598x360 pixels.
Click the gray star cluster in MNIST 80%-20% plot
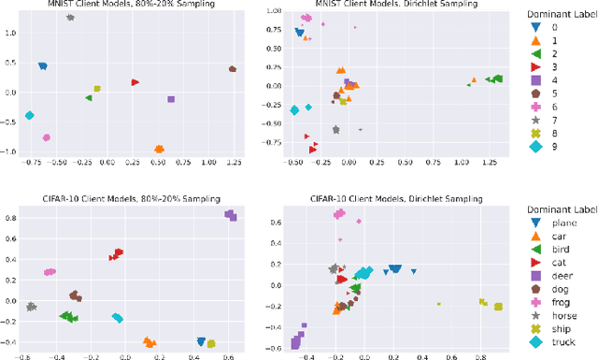click(70, 18)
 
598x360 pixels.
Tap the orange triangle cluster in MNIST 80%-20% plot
click(159, 150)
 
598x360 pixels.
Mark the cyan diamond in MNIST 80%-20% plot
click(30, 116)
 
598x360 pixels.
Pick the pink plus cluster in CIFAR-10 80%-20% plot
click(50, 272)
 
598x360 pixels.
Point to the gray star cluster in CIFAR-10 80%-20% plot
click(31, 306)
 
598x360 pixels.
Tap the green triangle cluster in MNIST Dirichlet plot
click(495, 79)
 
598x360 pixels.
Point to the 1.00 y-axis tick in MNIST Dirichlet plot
click(276, 11)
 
